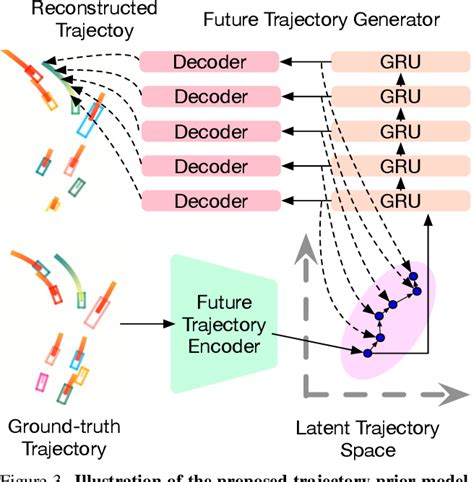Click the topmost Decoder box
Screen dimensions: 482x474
[210, 62]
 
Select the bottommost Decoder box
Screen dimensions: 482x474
[210, 200]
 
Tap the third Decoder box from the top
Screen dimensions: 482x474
[210, 131]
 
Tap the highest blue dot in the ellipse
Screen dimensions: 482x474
[417, 291]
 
